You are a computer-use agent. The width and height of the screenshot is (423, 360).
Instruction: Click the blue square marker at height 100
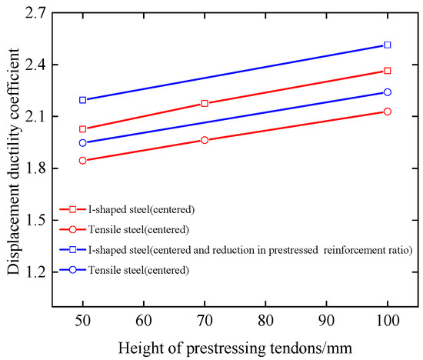pos(388,45)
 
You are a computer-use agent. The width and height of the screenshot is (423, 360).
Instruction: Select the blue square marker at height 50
pos(82,100)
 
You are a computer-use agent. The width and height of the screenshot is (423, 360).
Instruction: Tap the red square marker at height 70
pos(205,103)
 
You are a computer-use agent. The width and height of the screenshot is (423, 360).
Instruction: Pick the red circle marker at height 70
pos(205,140)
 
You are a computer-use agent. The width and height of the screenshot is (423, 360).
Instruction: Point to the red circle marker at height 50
pos(82,160)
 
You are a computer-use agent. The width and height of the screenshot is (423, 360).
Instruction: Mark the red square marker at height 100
pos(388,71)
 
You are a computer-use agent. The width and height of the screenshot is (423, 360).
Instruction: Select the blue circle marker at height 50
pos(82,142)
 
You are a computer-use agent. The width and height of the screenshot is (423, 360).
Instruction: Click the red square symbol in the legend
pos(72,208)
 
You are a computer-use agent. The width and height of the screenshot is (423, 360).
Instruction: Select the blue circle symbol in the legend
pos(72,269)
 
